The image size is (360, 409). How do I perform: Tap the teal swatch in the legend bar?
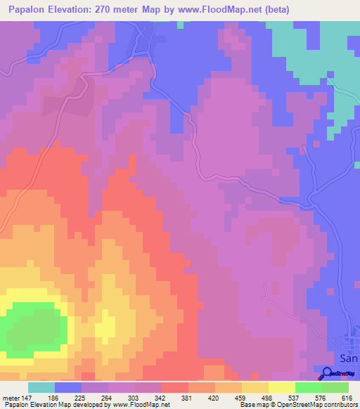tap(41, 388)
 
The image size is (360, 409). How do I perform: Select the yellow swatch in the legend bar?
tap(282, 388)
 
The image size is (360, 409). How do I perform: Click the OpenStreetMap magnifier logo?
tap(327, 374)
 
